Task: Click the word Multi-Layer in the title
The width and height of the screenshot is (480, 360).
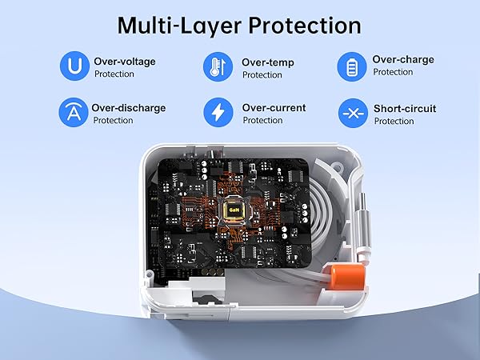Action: tap(177, 25)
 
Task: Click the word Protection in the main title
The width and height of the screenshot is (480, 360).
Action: tap(303, 25)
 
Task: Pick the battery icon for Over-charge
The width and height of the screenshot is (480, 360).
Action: tap(352, 66)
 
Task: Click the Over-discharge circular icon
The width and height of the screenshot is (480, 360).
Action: tap(73, 113)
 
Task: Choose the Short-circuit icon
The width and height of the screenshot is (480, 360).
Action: tap(353, 113)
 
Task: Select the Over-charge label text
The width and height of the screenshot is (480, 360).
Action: tap(403, 59)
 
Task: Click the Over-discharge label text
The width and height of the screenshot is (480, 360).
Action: tap(128, 106)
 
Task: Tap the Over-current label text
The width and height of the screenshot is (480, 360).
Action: tap(273, 106)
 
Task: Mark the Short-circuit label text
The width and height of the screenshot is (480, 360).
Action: tap(405, 108)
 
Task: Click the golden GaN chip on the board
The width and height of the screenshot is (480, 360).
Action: tap(234, 210)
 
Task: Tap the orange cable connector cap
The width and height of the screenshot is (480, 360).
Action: tap(350, 281)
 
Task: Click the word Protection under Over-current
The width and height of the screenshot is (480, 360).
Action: tap(262, 121)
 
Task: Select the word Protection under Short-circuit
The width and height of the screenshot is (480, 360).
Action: tap(394, 122)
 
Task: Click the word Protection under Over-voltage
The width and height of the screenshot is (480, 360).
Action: tap(114, 74)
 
